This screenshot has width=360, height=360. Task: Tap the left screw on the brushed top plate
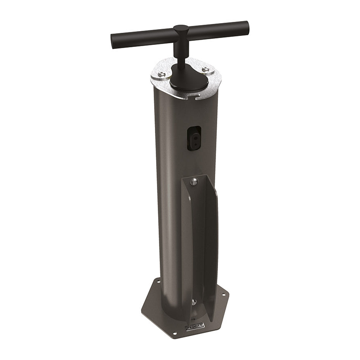point(162,74)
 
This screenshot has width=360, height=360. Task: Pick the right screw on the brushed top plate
point(205,68)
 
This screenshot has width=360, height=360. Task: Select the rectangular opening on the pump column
point(195,139)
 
